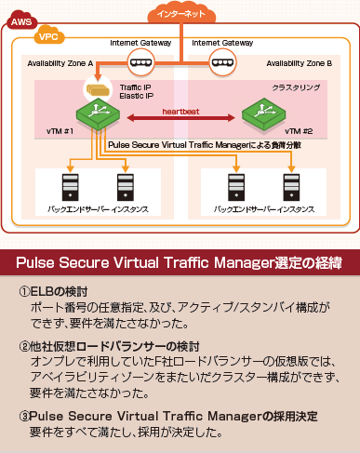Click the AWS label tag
pos(20,20)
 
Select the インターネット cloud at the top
pos(180,15)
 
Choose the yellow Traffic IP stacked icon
pos(97,90)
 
